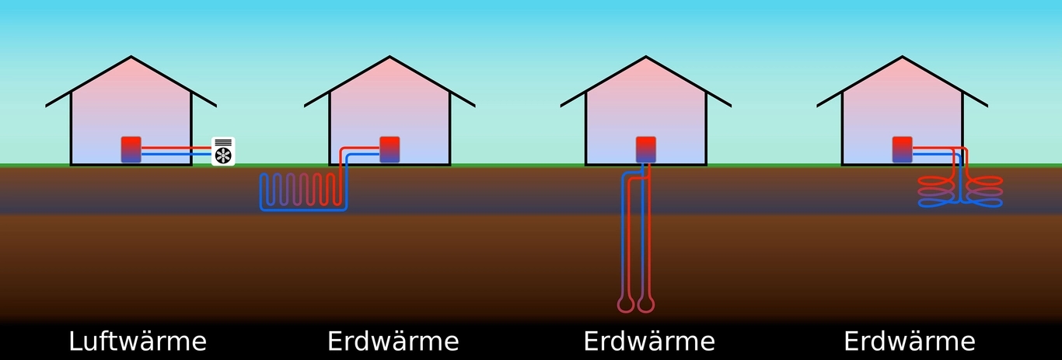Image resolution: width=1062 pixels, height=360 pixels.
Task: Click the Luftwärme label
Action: point(138,341)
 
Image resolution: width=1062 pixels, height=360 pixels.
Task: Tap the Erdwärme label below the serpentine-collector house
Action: point(393,341)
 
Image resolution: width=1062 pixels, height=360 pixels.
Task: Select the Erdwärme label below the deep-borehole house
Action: point(649,341)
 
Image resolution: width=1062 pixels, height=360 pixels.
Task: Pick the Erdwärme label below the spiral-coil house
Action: point(910,341)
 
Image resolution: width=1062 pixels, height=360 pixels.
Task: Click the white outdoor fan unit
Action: point(223,152)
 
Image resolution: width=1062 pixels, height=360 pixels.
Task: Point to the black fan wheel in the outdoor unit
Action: point(223,156)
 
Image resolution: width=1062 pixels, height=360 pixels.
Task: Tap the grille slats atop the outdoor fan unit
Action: point(223,142)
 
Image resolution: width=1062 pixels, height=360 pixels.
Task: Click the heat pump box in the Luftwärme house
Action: point(131,150)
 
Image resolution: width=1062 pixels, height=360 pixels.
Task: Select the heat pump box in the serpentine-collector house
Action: point(390,150)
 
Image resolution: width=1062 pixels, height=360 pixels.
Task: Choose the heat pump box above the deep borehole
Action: point(646,150)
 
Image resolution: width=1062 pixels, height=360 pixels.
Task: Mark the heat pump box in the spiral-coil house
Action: point(902,150)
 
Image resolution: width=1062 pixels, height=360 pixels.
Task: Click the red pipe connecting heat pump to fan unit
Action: point(176,148)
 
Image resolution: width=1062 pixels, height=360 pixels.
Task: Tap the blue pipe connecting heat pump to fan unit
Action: point(176,154)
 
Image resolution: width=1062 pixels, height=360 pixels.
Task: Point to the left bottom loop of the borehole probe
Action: point(625,304)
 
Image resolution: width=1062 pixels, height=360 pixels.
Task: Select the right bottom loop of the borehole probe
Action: point(646,304)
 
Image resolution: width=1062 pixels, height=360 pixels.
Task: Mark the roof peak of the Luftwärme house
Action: point(131,57)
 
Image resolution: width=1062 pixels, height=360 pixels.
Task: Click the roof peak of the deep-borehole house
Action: point(646,57)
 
